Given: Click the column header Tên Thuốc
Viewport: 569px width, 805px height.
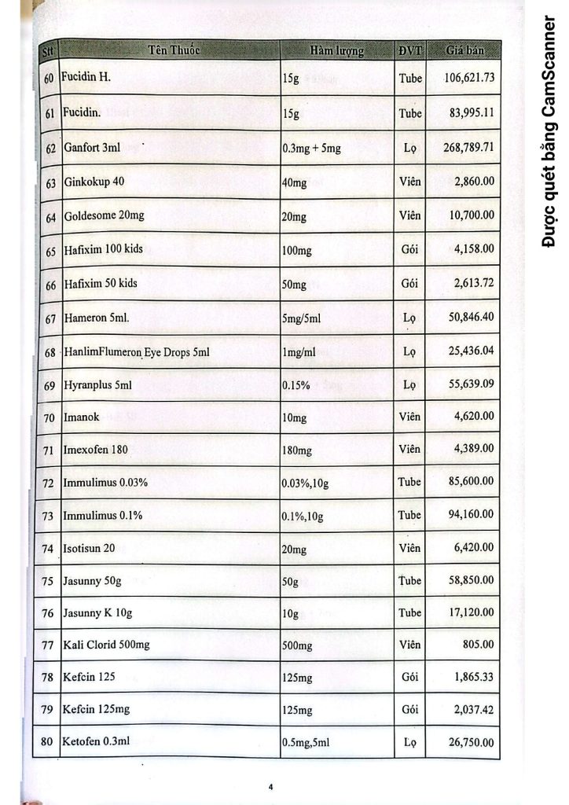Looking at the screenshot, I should coord(174,50).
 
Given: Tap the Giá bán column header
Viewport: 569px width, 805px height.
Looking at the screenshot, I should coord(464,51).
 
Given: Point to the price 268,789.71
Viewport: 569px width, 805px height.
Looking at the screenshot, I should coord(468,147).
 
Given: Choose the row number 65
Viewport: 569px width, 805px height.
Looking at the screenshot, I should coord(50,251).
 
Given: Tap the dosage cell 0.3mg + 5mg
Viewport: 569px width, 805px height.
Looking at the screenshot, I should coord(311,148).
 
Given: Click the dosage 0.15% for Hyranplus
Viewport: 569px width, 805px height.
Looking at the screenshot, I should coord(296,386).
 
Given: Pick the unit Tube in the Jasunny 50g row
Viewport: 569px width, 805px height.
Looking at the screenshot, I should coord(409,580).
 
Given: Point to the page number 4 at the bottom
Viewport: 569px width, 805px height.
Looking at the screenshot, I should coord(270,785).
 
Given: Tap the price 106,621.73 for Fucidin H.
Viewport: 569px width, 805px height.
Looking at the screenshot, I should coord(468,78).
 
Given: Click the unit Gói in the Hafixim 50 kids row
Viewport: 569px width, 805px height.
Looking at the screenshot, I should coord(409,283).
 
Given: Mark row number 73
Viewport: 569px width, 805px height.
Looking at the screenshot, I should coord(49,516).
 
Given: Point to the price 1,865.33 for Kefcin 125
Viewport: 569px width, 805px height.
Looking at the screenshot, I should coord(473,676).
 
